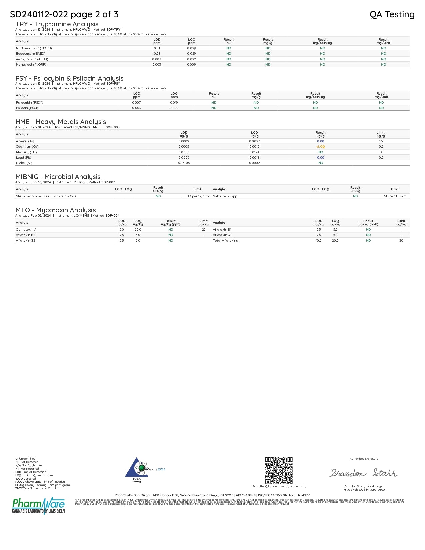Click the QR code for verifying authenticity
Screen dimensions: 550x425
point(279,470)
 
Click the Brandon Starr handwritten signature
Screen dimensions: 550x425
point(363,473)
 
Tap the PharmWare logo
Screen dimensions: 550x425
point(39,505)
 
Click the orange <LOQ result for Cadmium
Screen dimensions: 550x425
point(320,147)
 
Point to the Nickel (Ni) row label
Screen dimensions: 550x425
point(24,163)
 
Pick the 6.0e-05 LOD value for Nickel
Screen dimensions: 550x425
point(184,163)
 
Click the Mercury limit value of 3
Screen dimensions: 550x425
point(381,152)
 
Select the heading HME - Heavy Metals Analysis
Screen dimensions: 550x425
point(61,122)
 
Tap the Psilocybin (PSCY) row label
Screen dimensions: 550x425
point(30,103)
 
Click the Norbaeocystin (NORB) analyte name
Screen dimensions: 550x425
point(34,48)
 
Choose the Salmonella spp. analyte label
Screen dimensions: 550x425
point(225,196)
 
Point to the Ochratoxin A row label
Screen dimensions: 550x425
point(26,230)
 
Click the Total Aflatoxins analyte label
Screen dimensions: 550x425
point(225,241)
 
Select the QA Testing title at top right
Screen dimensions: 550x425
point(392,14)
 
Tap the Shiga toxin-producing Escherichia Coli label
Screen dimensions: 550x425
point(46,196)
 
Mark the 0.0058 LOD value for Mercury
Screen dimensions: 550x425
point(184,152)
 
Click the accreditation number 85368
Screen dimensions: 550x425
point(161,469)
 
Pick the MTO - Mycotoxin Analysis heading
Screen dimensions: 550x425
point(56,210)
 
